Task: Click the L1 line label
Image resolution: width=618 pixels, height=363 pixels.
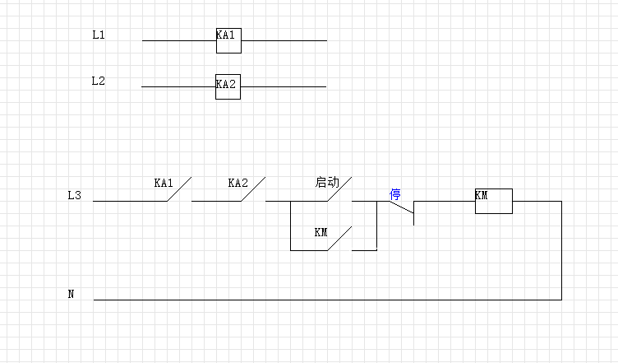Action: [99, 36]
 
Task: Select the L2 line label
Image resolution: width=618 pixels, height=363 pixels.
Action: [99, 81]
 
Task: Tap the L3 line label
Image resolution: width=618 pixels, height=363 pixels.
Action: [75, 196]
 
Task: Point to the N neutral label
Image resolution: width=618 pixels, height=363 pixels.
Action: [71, 293]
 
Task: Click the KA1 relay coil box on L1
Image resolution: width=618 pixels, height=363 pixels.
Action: [228, 40]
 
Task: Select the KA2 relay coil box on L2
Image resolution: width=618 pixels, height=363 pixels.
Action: [228, 86]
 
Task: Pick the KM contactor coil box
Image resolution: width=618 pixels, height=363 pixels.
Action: [493, 201]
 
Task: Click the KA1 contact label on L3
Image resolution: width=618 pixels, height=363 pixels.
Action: [164, 183]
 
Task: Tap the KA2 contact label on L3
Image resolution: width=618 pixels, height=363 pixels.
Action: [238, 183]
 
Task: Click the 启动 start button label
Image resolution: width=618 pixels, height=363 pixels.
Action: [326, 182]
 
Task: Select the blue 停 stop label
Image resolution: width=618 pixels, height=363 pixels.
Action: [394, 195]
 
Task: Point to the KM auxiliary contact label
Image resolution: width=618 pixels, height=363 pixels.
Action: [321, 232]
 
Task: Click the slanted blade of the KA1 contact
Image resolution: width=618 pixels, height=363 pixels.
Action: [179, 189]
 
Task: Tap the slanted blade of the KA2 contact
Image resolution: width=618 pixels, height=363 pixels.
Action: [254, 189]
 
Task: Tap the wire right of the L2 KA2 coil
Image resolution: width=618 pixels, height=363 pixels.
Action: [283, 86]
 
